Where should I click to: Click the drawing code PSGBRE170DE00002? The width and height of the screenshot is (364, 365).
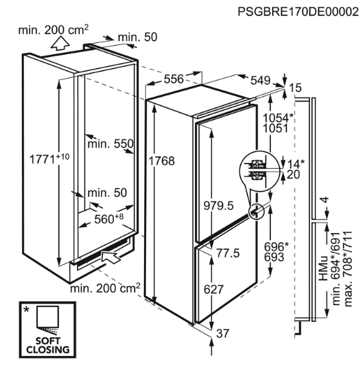pyautogui.click(x=298, y=12)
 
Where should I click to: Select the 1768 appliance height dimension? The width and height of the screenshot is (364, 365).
pyautogui.click(x=161, y=161)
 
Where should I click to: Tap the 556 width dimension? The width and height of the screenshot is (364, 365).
pyautogui.click(x=174, y=79)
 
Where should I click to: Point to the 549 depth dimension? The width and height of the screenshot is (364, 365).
pyautogui.click(x=260, y=80)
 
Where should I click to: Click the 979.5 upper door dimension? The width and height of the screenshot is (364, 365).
pyautogui.click(x=219, y=206)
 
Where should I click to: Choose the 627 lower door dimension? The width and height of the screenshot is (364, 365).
pyautogui.click(x=214, y=289)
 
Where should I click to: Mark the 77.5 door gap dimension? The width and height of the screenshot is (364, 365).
pyautogui.click(x=228, y=253)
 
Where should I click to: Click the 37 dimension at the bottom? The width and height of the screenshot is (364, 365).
pyautogui.click(x=223, y=333)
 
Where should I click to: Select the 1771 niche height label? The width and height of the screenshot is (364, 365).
pyautogui.click(x=50, y=159)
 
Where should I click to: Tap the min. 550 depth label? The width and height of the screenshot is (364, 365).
pyautogui.click(x=111, y=144)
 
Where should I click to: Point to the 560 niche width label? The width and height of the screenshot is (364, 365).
pyautogui.click(x=109, y=219)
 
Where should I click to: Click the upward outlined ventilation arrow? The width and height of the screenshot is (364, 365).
pyautogui.click(x=60, y=43)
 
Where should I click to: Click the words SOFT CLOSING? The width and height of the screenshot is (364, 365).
pyautogui.click(x=48, y=346)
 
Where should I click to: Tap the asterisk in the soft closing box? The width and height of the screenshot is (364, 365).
pyautogui.click(x=26, y=310)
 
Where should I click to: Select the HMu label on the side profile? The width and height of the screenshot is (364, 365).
pyautogui.click(x=323, y=268)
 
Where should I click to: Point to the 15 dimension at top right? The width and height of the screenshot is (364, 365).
pyautogui.click(x=295, y=88)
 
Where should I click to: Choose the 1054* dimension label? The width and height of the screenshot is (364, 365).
pyautogui.click(x=278, y=118)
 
